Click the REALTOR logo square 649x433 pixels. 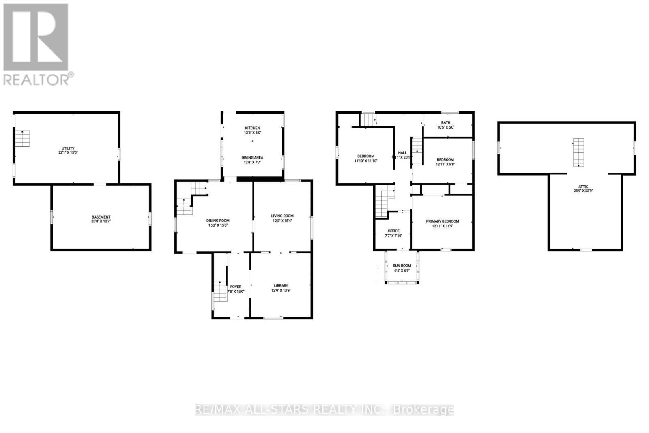click(x=36, y=37)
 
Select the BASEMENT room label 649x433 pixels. click(x=101, y=217)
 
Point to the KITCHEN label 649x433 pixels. click(x=252, y=128)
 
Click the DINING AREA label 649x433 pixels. click(x=252, y=157)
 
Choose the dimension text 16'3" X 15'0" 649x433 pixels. click(x=219, y=225)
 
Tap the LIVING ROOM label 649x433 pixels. click(x=282, y=216)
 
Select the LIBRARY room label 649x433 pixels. click(x=281, y=285)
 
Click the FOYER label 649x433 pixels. click(x=236, y=287)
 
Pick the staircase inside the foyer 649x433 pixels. click(x=219, y=291)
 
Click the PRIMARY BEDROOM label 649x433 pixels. click(x=442, y=221)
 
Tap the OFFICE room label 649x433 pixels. click(x=393, y=231)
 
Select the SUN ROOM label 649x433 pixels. click(x=402, y=266)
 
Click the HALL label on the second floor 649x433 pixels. click(x=402, y=153)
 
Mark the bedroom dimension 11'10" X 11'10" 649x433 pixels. click(x=365, y=161)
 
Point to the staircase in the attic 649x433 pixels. click(x=578, y=152)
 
